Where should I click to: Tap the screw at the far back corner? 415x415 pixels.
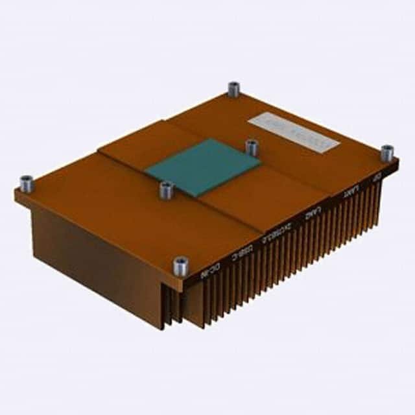(233, 89)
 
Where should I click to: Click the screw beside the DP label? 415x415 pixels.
(386, 154)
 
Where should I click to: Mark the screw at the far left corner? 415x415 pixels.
(27, 184)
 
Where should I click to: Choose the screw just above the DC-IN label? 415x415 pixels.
(180, 265)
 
